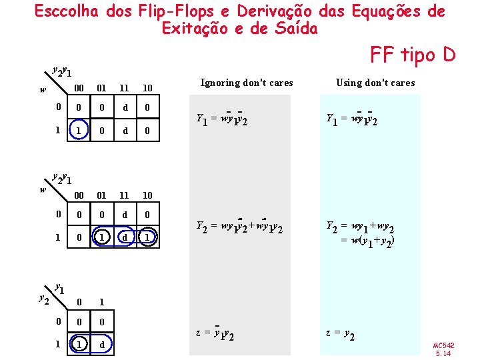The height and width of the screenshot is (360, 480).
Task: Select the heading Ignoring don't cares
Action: click(x=246, y=83)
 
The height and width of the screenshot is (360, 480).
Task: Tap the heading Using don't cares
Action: click(x=375, y=83)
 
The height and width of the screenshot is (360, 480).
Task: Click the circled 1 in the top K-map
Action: click(x=79, y=131)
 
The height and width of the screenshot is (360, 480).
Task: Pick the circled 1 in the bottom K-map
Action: click(x=79, y=345)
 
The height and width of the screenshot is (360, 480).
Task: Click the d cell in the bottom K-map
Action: click(x=101, y=345)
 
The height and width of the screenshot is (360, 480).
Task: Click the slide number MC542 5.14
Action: click(x=443, y=349)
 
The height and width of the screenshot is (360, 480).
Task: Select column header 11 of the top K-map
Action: click(x=124, y=88)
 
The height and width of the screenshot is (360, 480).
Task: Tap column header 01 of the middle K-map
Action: click(x=101, y=195)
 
